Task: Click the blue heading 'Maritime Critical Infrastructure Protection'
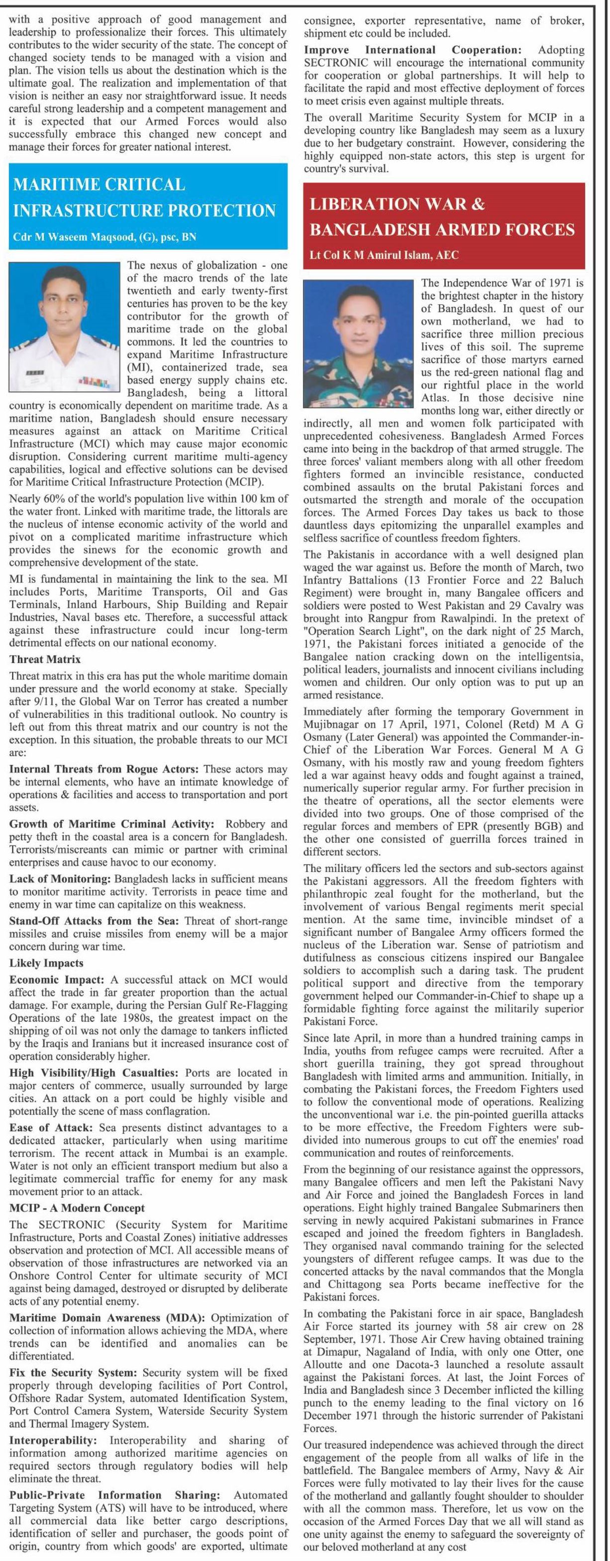[144, 197]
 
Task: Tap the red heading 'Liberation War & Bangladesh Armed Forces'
[442, 217]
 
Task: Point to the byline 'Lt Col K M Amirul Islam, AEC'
[384, 255]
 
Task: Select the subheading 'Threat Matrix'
[45, 659]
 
